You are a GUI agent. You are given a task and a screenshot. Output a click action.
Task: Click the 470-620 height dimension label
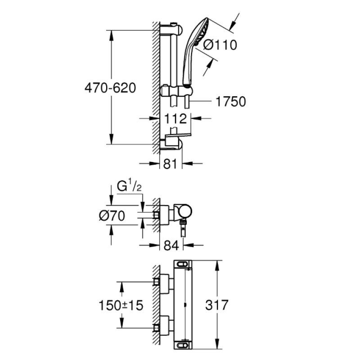point(110,88)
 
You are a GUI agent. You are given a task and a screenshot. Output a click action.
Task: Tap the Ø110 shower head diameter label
point(220,45)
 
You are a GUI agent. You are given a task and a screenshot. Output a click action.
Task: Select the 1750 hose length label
point(231,102)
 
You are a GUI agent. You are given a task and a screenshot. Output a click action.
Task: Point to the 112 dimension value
point(175,119)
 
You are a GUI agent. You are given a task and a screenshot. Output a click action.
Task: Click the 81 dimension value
point(170,164)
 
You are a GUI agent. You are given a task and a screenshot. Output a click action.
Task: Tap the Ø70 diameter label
point(112,216)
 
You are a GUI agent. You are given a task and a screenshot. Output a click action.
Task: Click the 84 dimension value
point(171,245)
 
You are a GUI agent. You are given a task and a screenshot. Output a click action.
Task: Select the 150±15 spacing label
point(121,306)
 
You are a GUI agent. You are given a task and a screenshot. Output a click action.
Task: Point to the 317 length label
point(217,305)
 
